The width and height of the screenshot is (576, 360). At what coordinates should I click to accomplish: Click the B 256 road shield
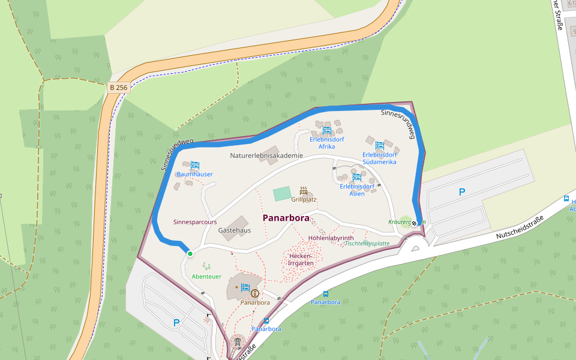[x=119, y=88]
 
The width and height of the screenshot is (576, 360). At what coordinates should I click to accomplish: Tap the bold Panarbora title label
[x=286, y=218]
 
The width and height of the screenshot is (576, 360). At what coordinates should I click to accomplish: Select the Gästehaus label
[x=234, y=230]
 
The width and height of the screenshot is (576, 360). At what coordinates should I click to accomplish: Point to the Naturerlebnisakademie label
[x=266, y=155]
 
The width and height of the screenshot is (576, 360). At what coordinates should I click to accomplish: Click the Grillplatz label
[x=304, y=199]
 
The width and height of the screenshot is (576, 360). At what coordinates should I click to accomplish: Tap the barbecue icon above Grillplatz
[x=304, y=190]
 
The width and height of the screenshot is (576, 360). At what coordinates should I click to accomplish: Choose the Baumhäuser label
[x=194, y=175]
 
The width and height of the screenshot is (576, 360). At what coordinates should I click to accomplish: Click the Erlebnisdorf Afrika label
[x=326, y=143]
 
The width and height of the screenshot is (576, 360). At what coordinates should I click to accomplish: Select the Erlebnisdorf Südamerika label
[x=380, y=158]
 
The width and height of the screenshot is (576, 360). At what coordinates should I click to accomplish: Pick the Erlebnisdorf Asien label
[x=356, y=190]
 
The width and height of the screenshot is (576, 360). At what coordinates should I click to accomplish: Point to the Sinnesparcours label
[x=195, y=222]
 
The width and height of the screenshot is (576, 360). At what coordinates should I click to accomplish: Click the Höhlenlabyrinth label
[x=331, y=238]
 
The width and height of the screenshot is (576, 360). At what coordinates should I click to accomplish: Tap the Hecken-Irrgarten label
[x=301, y=259]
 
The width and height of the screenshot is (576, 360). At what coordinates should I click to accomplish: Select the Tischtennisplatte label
[x=367, y=244]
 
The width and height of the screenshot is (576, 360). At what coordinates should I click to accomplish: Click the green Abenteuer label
[x=206, y=277]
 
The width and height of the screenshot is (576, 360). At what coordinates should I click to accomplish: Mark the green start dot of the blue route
[x=190, y=254]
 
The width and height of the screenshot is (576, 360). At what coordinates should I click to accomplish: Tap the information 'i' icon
[x=255, y=293]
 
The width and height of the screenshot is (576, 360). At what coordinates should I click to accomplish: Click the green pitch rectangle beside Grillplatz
[x=281, y=194]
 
